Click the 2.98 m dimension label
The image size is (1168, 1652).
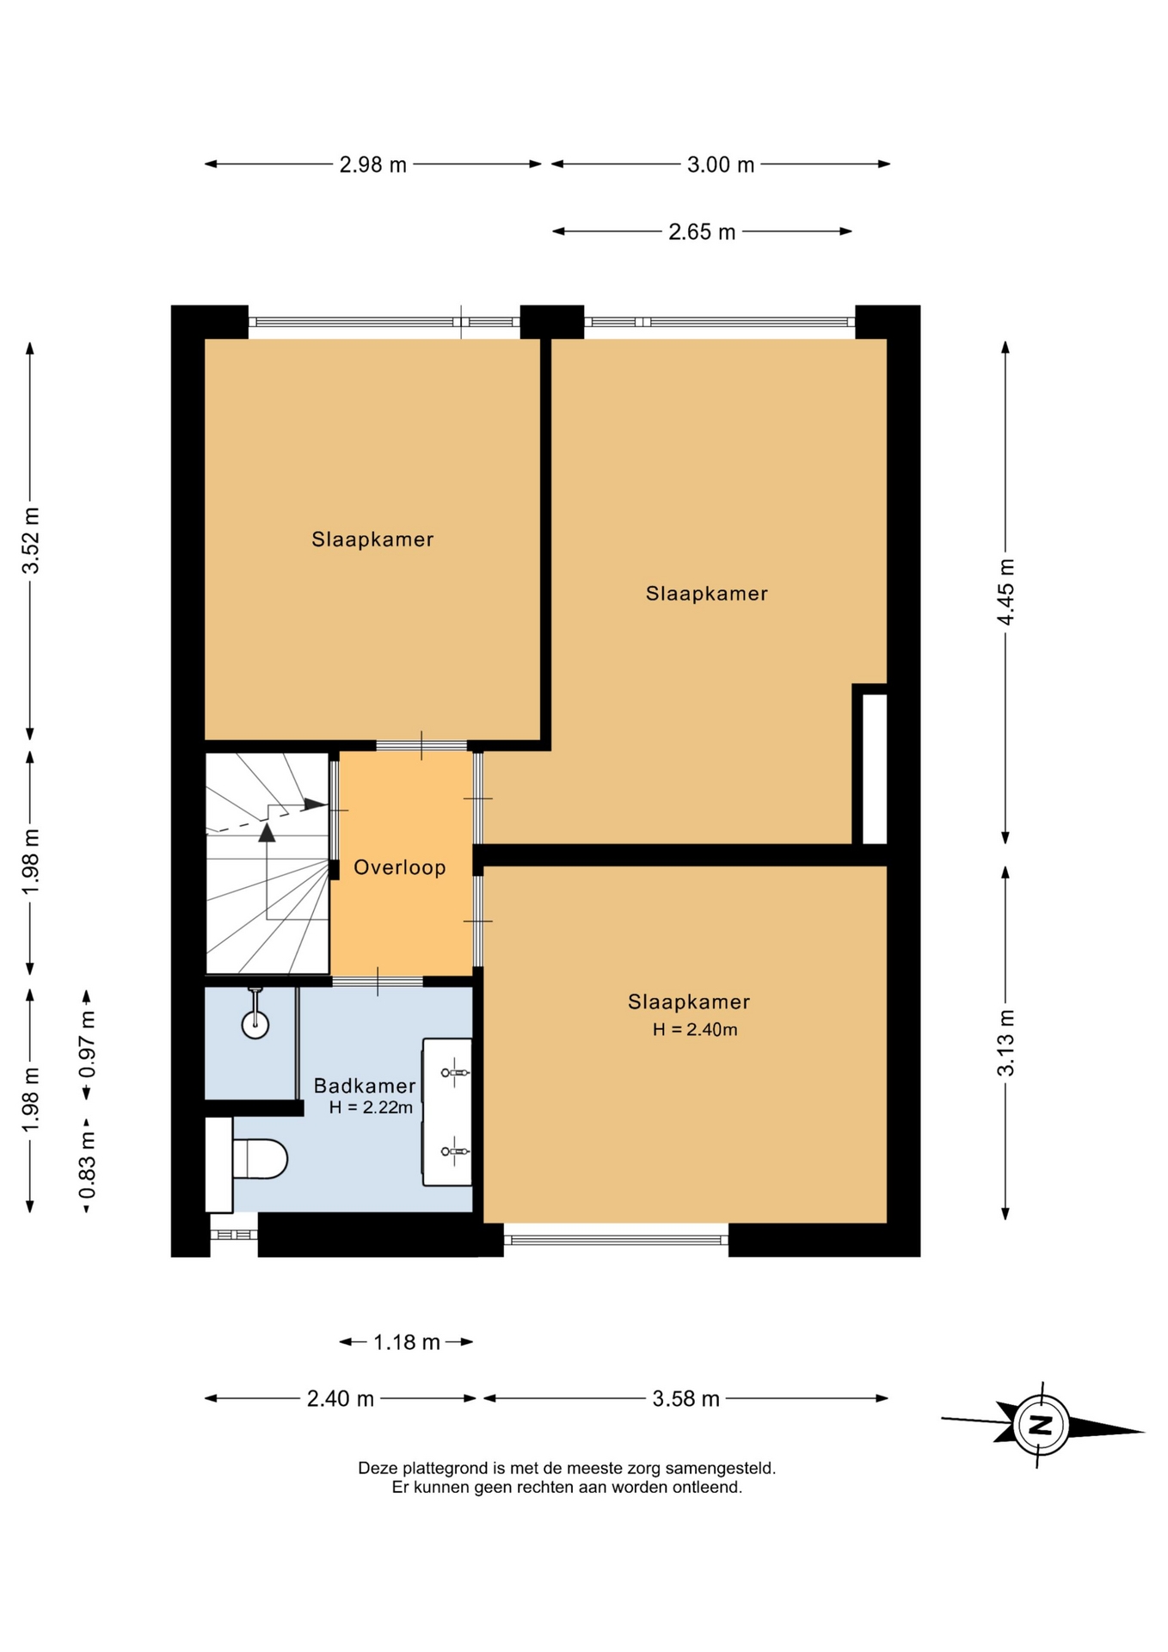click(372, 164)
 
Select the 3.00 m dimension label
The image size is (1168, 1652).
click(720, 164)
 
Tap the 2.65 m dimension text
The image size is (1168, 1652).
click(702, 231)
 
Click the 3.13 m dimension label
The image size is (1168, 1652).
click(1005, 1043)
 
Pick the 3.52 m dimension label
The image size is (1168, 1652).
click(31, 540)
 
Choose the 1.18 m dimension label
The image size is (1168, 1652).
click(407, 1341)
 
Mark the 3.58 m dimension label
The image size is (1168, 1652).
click(685, 1398)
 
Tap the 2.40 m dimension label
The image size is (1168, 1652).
click(341, 1398)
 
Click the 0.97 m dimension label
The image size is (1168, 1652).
click(87, 1045)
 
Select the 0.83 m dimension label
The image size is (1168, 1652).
click(87, 1165)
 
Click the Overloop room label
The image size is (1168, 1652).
click(400, 867)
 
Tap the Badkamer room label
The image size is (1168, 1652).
click(365, 1086)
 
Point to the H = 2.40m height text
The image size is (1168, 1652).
click(695, 1029)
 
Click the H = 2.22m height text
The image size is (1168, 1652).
click(371, 1107)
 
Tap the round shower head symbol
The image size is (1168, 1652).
click(255, 1024)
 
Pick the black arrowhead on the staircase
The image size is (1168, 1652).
click(267, 832)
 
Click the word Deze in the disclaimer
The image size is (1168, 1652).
click(377, 1468)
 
